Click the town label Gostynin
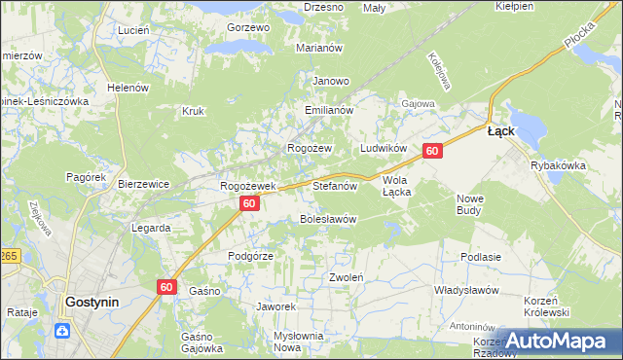(x=92, y=302)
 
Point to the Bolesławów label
(x=327, y=219)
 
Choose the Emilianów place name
(x=327, y=111)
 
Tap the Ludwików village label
(x=383, y=148)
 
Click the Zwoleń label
(x=346, y=277)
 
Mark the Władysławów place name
(x=466, y=290)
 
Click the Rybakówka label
(x=558, y=165)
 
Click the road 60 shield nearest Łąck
(x=433, y=151)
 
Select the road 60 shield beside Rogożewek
(x=250, y=203)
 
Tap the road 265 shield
(x=8, y=255)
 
